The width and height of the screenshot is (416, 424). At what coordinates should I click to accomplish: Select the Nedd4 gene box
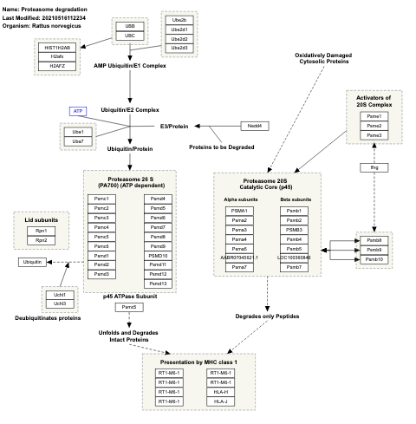[x=257, y=127]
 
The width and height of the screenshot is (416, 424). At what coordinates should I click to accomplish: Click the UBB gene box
[x=130, y=27]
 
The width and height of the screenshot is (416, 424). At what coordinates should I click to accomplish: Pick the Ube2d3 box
[x=179, y=47]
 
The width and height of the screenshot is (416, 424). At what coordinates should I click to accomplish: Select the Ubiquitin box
[x=32, y=261]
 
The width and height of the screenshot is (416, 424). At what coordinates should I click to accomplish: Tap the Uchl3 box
[x=60, y=303]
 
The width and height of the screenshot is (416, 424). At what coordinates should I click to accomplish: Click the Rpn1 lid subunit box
[x=42, y=231]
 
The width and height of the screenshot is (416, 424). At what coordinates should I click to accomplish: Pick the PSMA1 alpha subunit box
[x=239, y=211]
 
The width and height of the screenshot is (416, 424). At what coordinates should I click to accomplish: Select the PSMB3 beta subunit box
[x=294, y=230]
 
